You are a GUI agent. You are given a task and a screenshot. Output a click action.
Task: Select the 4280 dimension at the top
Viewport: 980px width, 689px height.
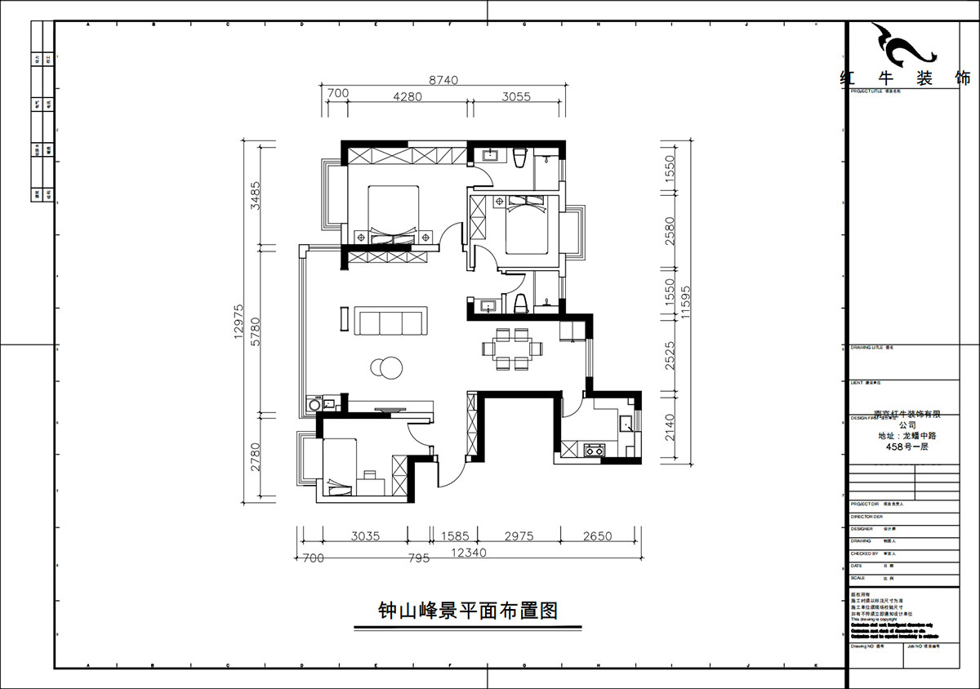(x=407, y=96)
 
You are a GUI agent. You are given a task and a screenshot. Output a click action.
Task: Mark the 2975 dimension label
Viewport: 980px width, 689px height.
(x=519, y=536)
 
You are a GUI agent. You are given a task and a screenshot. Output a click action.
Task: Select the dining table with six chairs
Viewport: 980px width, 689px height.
(x=511, y=349)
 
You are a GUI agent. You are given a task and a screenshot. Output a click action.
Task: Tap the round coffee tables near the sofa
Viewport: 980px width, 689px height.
(x=385, y=369)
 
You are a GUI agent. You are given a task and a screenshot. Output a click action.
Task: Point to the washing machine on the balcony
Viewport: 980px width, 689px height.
(x=313, y=404)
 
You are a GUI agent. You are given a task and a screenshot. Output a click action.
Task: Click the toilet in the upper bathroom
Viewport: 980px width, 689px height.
(x=520, y=157)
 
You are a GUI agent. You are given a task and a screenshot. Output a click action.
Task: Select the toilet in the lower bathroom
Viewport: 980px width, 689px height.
(x=520, y=304)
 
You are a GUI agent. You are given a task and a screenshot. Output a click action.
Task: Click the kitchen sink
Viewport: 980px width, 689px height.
(x=625, y=423)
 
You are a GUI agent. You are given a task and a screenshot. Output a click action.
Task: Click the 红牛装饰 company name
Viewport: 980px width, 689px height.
(x=905, y=79)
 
